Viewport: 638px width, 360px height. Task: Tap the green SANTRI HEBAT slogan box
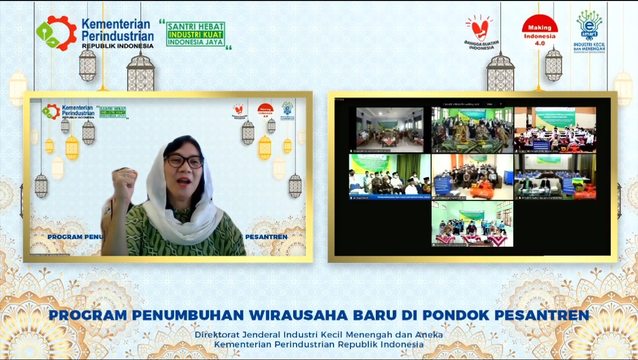click(x=196, y=34)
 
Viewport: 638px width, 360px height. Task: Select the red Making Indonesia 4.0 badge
click(x=539, y=32)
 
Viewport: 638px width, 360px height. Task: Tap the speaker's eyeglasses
click(x=184, y=161)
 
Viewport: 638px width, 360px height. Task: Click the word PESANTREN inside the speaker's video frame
click(x=266, y=237)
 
